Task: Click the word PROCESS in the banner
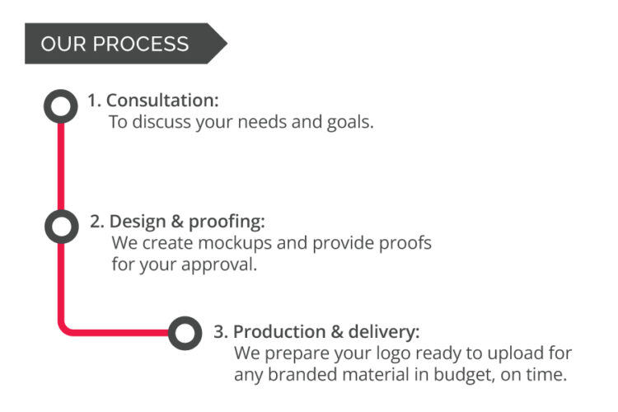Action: click(141, 44)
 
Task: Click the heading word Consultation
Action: click(162, 101)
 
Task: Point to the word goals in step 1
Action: click(350, 123)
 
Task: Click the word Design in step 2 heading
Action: click(138, 221)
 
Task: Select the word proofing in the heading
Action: click(227, 222)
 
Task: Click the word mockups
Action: click(235, 244)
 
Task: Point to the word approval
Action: click(219, 265)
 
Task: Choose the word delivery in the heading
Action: click(384, 331)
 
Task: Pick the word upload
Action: click(515, 354)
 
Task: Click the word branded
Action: click(302, 374)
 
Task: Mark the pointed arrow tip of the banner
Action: click(227, 43)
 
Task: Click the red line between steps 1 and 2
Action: click(61, 166)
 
